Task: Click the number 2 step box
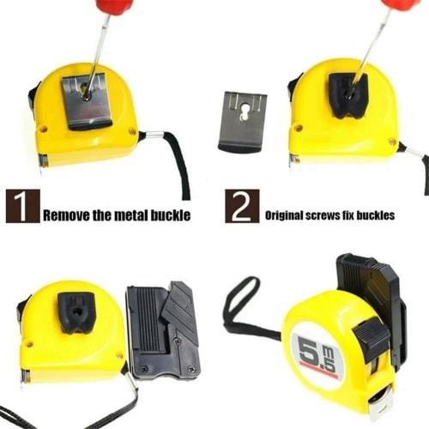click(x=242, y=207)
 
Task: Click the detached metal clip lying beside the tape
click(x=244, y=119)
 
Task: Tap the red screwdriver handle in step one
click(x=114, y=8)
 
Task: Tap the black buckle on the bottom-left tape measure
click(x=78, y=314)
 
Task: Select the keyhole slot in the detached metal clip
click(x=244, y=111)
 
